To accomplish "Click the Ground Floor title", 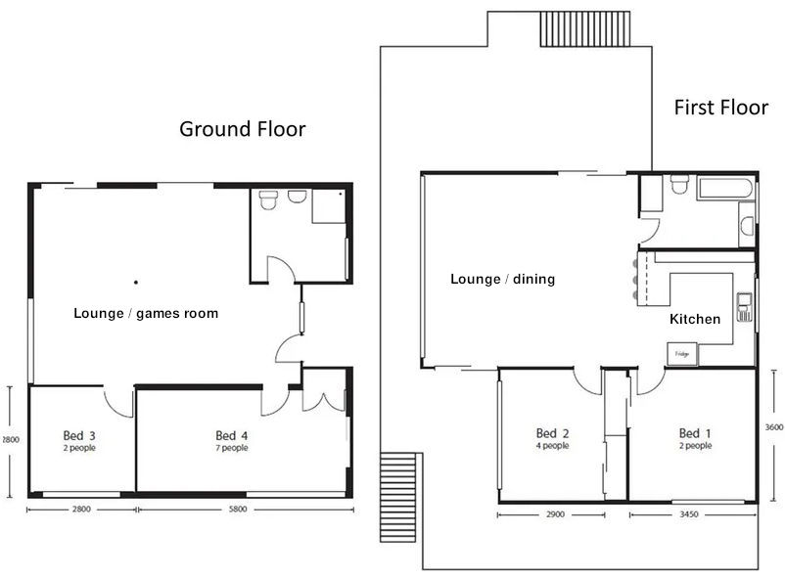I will [242, 129].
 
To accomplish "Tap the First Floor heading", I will [720, 108].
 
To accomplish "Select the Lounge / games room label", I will [146, 314].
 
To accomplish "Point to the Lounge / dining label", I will [502, 280].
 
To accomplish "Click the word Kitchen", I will [695, 320].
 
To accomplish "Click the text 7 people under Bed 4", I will [231, 448].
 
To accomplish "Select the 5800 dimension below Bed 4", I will [238, 509].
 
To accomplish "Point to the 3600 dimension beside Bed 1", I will [773, 427].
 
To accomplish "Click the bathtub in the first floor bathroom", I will [723, 188].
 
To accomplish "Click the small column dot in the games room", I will [136, 283].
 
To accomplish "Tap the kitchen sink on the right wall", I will [745, 307].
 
